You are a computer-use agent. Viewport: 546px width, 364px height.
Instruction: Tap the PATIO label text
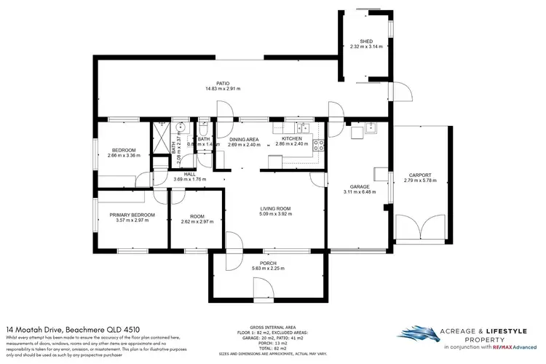(213, 83)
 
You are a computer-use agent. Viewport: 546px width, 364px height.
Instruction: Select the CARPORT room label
(420, 175)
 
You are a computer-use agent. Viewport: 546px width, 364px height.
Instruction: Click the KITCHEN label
(291, 138)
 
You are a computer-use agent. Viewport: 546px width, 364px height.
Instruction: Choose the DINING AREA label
(243, 138)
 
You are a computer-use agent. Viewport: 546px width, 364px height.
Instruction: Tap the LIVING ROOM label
(275, 208)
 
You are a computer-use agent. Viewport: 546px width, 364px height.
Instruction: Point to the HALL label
(190, 174)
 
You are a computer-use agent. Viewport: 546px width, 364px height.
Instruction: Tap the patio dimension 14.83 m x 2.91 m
(213, 89)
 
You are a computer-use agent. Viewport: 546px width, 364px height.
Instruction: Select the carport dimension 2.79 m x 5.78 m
(420, 181)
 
